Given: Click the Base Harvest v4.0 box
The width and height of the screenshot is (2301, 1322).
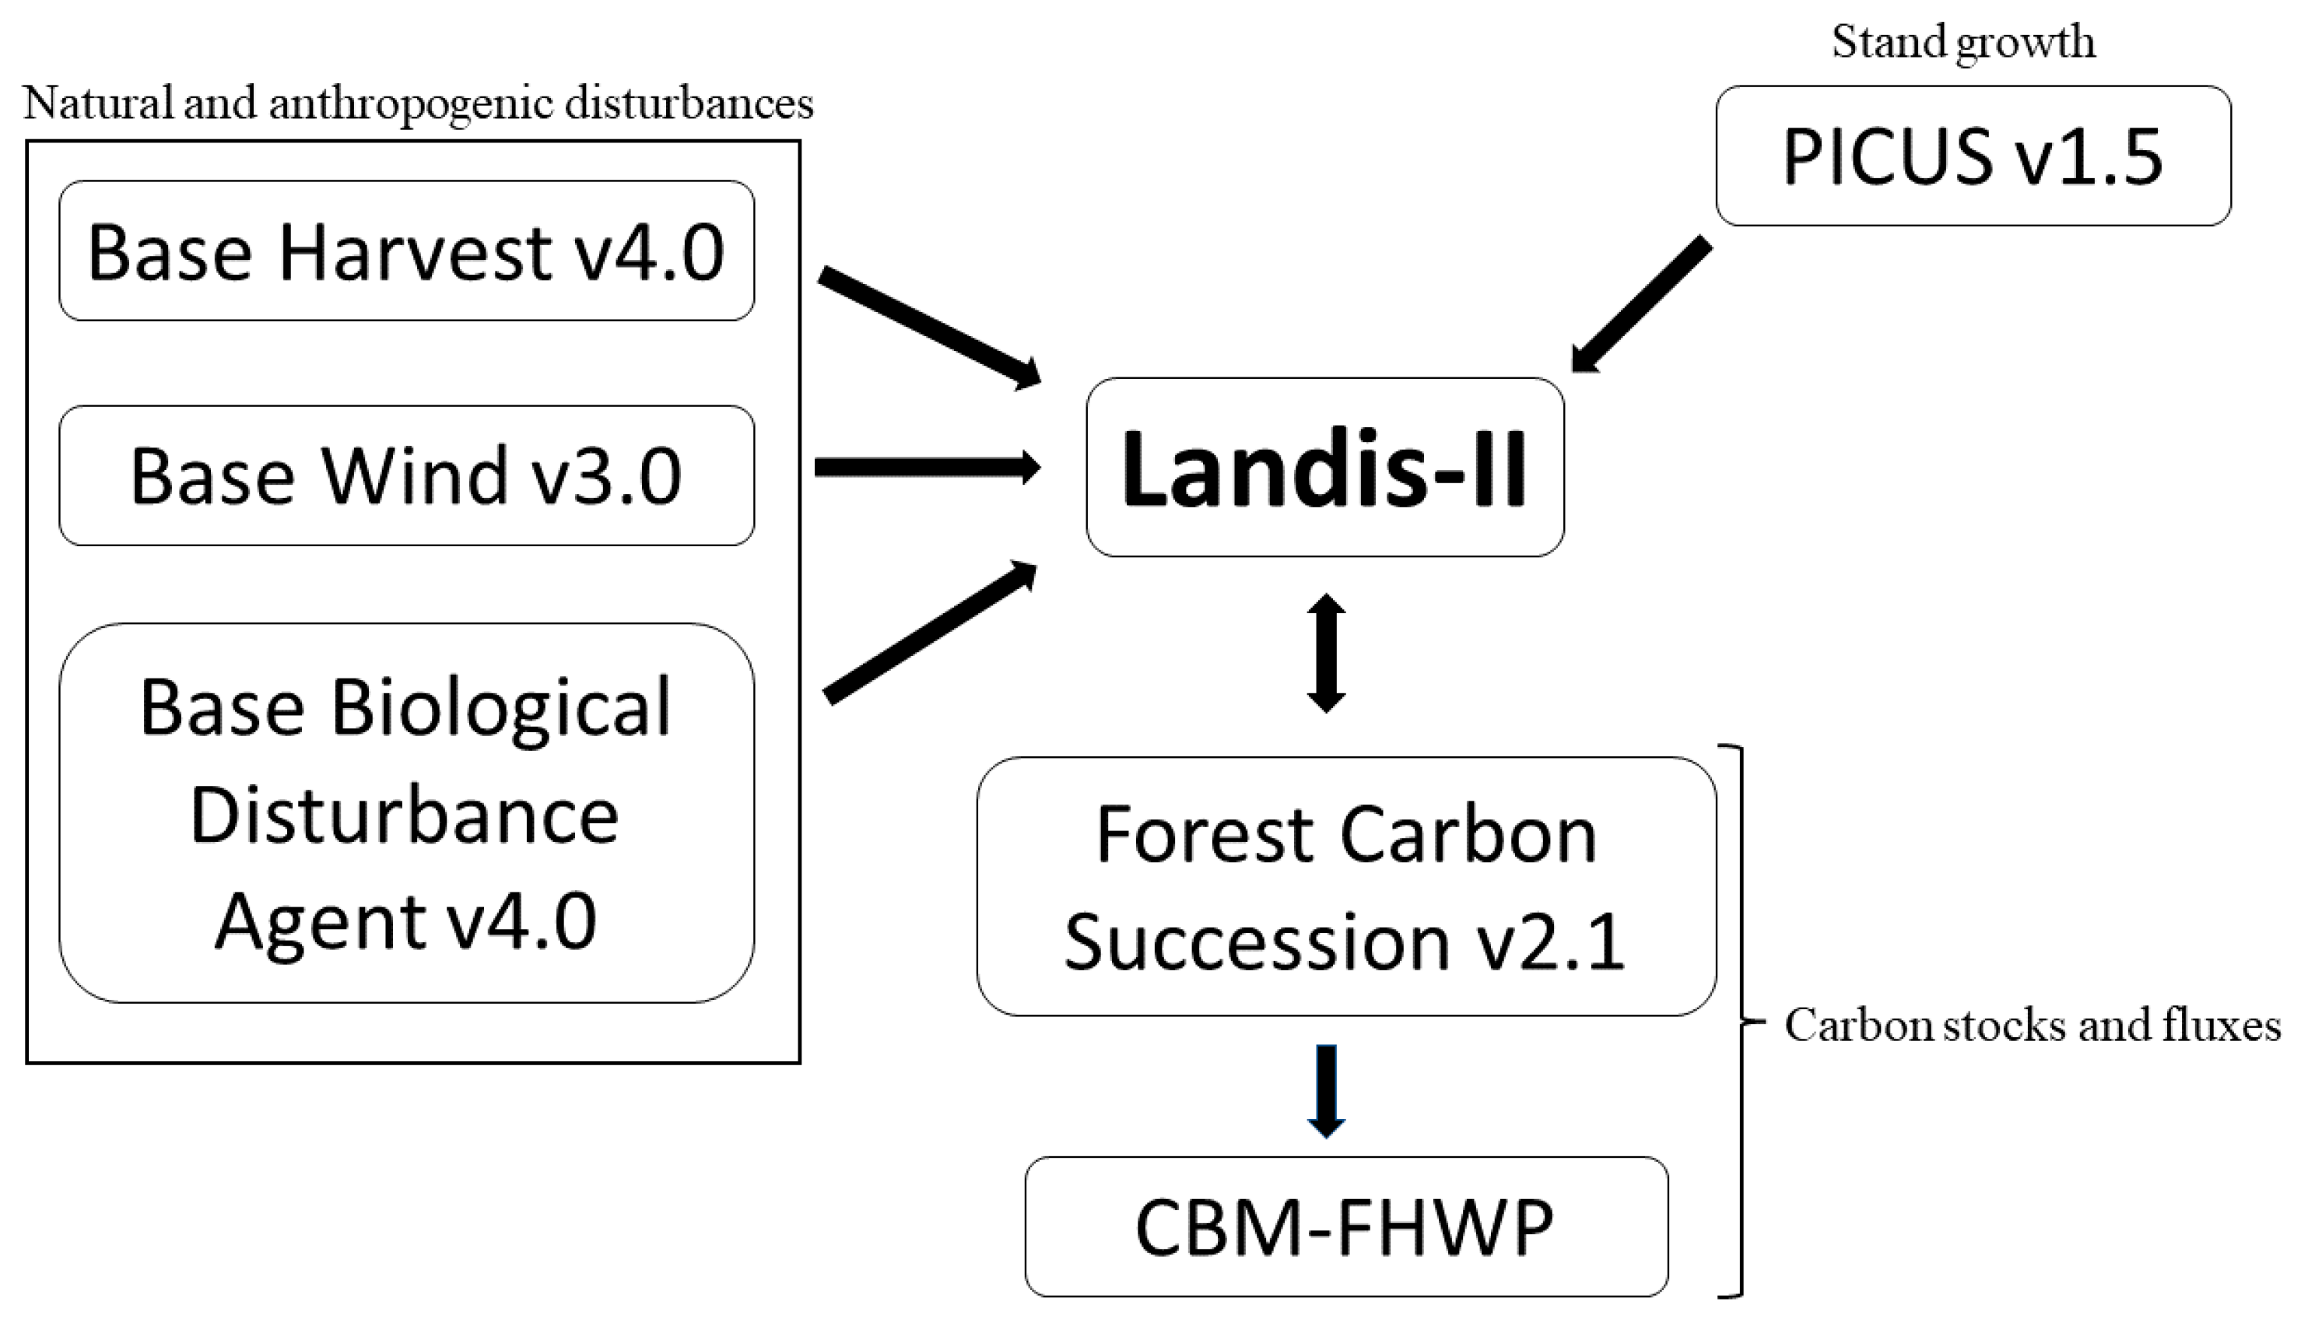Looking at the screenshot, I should coord(406,251).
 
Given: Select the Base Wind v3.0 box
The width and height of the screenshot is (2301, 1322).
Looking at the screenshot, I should coord(406,475).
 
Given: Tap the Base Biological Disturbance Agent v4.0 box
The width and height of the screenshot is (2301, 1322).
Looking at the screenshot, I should coord(406,812).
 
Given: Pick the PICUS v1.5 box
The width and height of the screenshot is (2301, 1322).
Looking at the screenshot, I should coord(1973,156).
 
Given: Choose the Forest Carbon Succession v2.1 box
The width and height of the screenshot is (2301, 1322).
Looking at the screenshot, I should coord(1345,886).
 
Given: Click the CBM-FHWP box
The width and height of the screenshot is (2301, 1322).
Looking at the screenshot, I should coord(1345,1226).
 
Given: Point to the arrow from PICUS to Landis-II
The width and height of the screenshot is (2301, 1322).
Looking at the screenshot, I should coord(1641,304).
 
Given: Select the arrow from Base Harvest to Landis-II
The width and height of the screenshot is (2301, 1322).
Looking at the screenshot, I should coord(928,327).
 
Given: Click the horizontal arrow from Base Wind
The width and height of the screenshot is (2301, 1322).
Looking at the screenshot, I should coord(926,468).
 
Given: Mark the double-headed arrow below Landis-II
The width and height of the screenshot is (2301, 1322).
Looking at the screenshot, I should coord(1326,654).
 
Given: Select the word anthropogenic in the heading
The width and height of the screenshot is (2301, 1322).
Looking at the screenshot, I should coord(412,103).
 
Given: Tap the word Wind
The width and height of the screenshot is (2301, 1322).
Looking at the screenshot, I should coord(415,475).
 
